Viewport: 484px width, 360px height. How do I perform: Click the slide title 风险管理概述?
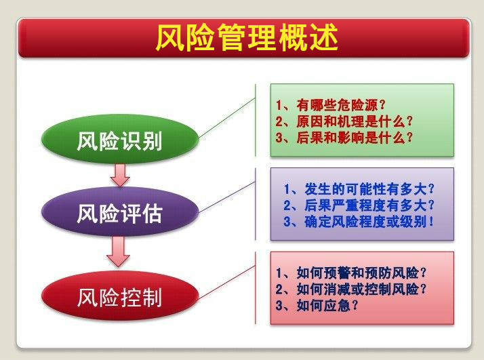click(247, 38)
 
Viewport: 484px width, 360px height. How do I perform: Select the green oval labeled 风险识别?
click(120, 139)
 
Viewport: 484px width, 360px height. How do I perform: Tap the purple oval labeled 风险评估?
click(120, 212)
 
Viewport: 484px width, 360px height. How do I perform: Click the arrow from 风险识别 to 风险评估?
click(120, 175)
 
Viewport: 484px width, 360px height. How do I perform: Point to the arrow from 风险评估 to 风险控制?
click(118, 252)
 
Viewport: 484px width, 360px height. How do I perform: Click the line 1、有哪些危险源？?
click(331, 105)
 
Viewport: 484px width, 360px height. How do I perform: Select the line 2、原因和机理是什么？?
click(344, 121)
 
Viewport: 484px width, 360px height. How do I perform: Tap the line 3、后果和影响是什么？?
click(344, 138)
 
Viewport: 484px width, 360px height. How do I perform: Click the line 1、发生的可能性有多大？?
click(359, 189)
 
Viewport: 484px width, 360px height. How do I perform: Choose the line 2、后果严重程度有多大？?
click(359, 205)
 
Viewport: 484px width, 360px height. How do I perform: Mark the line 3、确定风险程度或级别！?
click(359, 222)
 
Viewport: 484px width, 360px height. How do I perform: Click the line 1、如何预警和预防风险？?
click(351, 273)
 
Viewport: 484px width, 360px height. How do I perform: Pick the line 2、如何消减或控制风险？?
click(351, 289)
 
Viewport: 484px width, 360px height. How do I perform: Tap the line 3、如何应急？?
click(317, 306)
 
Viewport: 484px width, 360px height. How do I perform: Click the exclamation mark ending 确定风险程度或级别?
click(431, 222)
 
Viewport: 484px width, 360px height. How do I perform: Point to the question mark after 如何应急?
click(355, 305)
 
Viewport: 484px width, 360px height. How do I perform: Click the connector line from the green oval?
click(227, 118)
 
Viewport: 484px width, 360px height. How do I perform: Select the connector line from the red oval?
click(227, 283)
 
